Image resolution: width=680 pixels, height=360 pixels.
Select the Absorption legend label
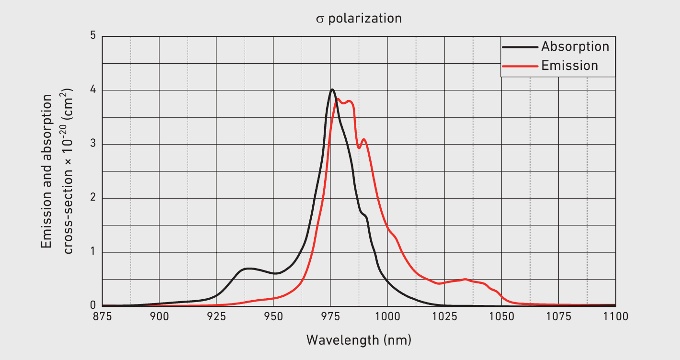point(575,46)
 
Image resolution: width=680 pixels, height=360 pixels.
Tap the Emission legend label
point(569,66)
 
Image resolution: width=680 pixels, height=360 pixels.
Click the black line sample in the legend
point(520,47)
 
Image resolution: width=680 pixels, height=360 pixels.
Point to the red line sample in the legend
point(520,66)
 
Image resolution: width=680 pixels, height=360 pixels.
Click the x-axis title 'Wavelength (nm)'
point(359,340)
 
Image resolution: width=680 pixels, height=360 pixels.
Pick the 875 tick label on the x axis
point(102,316)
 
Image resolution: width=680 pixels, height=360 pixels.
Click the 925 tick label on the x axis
point(216,316)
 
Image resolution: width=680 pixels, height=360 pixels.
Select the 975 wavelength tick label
point(330,316)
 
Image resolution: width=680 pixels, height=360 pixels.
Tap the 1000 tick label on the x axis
point(387,316)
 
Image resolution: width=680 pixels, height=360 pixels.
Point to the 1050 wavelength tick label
point(501,316)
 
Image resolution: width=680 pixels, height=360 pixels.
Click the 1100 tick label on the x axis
point(615,316)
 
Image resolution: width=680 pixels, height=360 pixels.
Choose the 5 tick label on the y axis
point(93,36)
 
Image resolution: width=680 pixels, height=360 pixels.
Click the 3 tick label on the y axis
point(93,144)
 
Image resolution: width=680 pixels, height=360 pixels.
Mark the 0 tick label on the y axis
point(93,306)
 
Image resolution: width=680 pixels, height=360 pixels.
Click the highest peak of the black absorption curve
point(332,90)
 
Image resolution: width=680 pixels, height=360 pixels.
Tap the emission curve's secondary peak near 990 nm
point(364,139)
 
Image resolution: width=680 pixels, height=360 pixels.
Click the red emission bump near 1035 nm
point(465,279)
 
